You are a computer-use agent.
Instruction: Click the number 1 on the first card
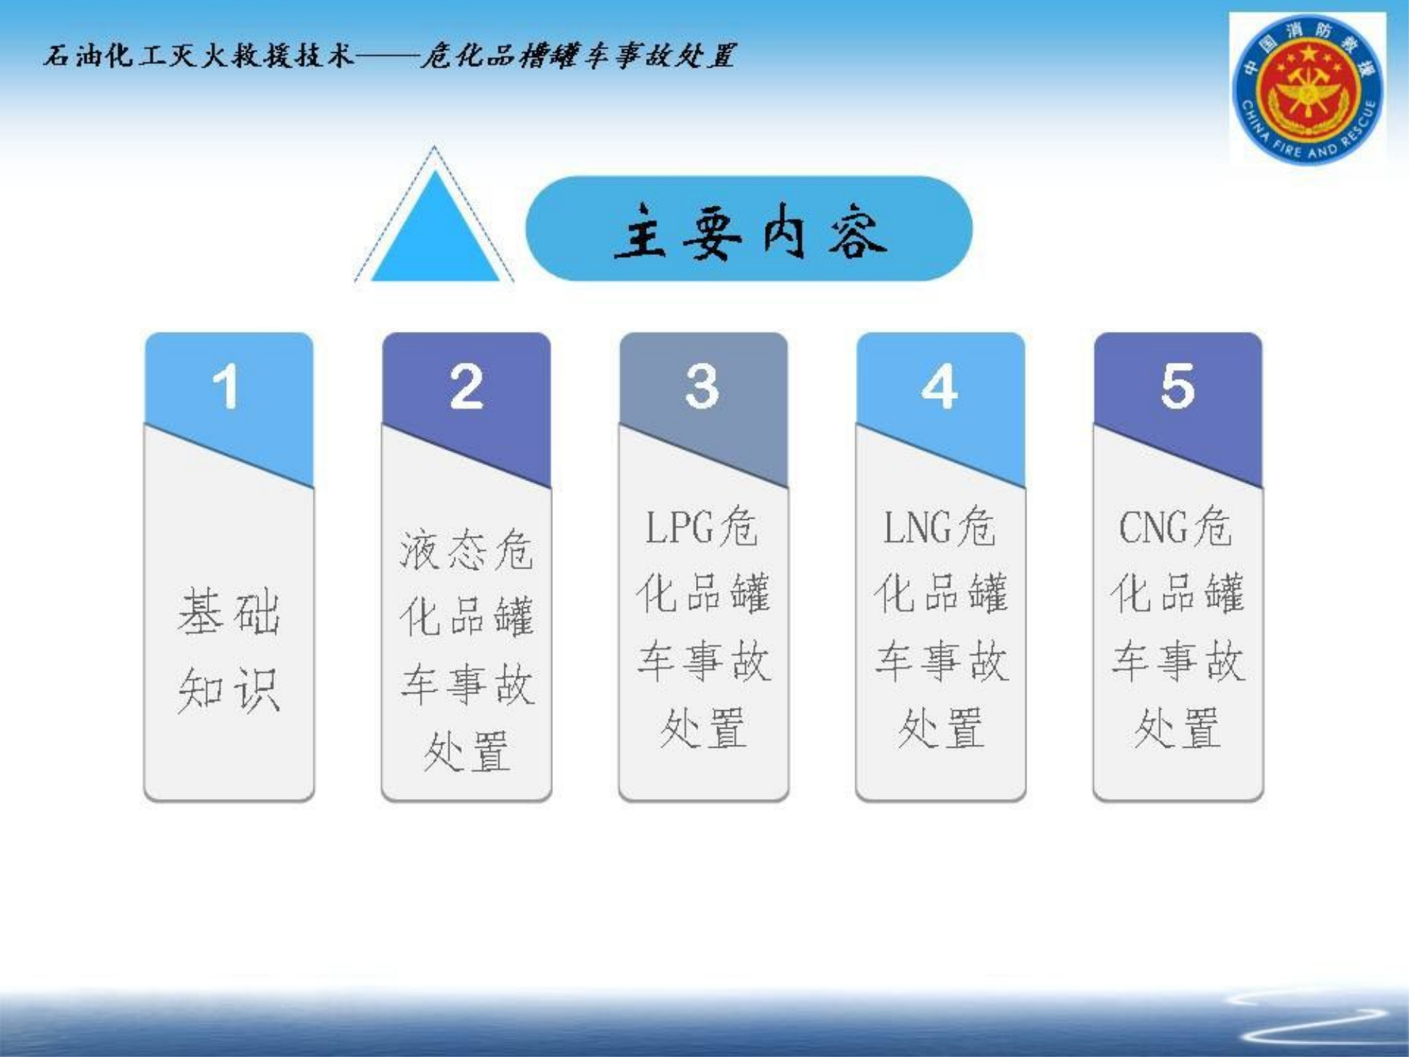point(226,387)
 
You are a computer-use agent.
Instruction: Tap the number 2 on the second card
point(467,387)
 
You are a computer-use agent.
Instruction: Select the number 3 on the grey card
point(702,387)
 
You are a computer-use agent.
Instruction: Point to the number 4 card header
point(940,387)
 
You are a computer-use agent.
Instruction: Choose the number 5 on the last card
point(1178,387)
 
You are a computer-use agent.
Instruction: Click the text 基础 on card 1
point(229,612)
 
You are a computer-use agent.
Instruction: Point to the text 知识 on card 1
point(229,690)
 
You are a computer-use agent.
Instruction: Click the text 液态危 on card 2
point(466,550)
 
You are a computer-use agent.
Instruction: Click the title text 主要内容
point(750,230)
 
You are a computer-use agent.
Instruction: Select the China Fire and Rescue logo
point(1308,89)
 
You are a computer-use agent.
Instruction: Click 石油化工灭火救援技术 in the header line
point(198,56)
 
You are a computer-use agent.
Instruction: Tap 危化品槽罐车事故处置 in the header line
point(578,56)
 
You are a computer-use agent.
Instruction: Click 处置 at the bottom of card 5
point(1178,728)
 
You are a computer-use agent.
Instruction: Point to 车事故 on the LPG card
point(704,662)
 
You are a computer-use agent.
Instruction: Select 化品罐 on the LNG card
point(941,593)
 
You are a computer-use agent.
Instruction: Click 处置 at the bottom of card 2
point(466,751)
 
